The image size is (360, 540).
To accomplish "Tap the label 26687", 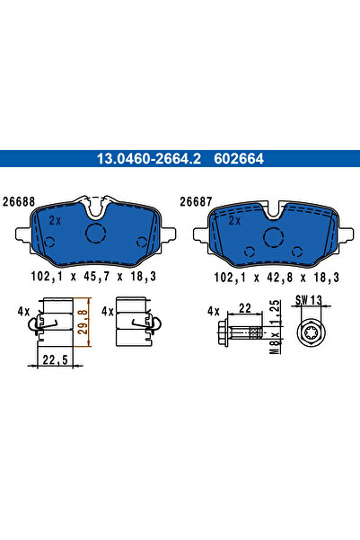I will click(197, 201).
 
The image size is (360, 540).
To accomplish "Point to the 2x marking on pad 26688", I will click(56, 219).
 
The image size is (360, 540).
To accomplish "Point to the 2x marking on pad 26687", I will click(235, 219).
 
